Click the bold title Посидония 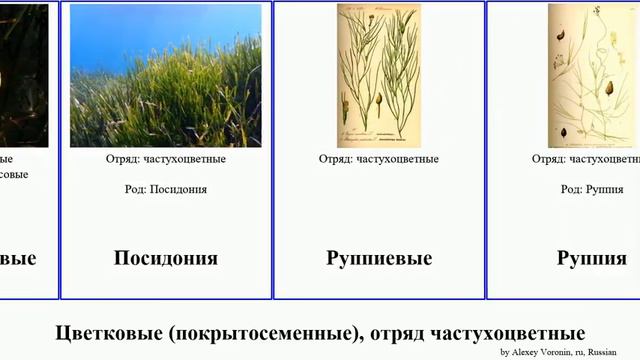pos(166,258)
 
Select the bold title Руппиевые pos(379,258)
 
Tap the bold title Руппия pos(592,258)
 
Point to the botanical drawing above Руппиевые pos(379,75)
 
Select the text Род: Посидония pos(166,188)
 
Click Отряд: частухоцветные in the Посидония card pos(166,159)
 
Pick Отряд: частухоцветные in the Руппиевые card pos(379,159)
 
